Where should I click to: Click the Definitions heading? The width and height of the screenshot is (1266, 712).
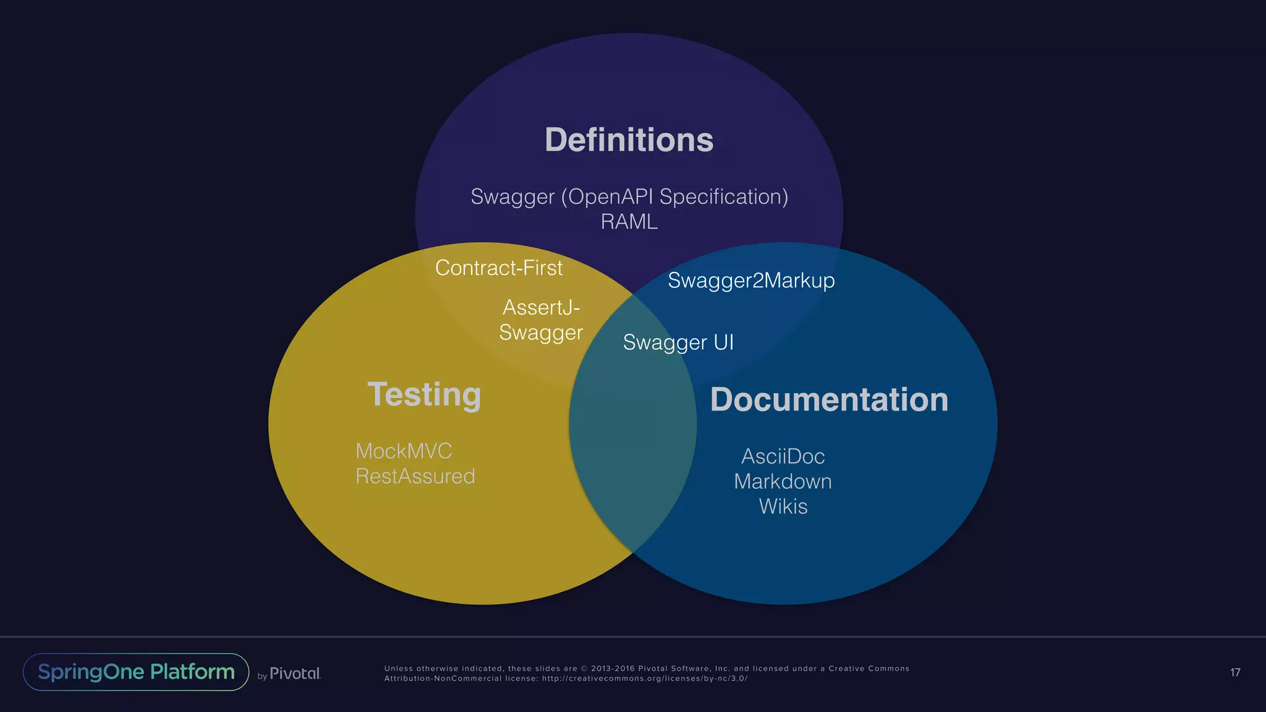pos(629,140)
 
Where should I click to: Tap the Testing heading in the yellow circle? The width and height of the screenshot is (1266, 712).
pos(424,394)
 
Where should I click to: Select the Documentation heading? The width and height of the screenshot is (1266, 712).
pos(829,399)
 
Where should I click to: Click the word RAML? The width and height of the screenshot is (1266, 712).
pos(629,221)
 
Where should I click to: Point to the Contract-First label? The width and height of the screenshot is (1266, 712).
pos(499,268)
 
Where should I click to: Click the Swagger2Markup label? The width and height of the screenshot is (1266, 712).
pos(751,280)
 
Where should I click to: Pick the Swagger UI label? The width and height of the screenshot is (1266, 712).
pos(678,342)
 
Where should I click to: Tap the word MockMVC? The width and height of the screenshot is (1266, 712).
pos(404,451)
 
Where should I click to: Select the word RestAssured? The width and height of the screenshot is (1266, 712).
pos(415,476)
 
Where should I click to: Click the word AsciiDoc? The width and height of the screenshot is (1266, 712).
pos(783,456)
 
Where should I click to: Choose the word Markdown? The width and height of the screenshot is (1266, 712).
pos(783,481)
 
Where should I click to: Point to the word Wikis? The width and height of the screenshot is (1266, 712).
pos(783,506)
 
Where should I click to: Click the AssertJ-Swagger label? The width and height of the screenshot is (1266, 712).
pos(541,320)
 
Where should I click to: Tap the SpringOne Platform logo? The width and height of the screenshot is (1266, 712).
pos(136,672)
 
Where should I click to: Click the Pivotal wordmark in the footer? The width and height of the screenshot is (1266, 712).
pos(295,674)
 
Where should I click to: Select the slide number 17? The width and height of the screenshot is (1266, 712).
pos(1235,672)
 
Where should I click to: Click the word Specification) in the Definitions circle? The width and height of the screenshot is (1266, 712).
pos(724,197)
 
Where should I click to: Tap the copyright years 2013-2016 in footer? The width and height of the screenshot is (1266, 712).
pos(613,669)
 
